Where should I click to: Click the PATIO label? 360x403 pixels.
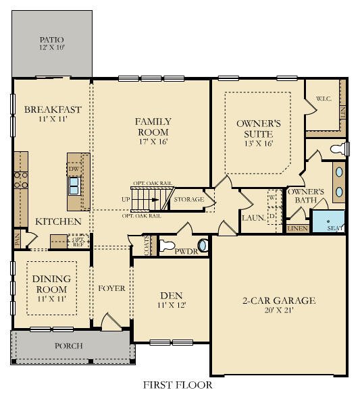51,40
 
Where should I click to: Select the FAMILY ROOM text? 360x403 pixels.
153,127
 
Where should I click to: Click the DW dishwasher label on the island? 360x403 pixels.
73,169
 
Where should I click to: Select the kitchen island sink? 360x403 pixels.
74,184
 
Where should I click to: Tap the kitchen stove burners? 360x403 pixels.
20,179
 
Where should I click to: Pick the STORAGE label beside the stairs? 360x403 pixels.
189,200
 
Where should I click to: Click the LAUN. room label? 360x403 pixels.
253,218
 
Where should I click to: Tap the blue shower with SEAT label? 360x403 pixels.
328,221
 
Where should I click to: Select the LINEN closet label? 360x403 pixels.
297,229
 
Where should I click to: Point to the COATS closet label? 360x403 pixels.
147,246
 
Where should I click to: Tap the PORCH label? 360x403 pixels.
68,346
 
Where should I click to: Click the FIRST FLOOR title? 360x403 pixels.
178,385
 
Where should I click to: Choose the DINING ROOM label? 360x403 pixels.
51,284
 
